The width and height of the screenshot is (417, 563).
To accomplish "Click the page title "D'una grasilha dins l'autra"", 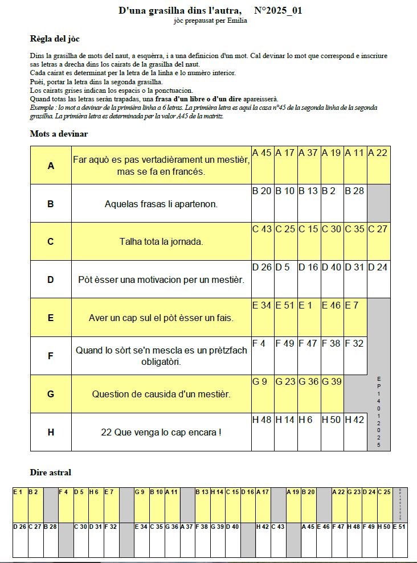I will tap(180, 10).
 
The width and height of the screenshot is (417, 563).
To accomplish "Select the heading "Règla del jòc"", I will tap(55, 39).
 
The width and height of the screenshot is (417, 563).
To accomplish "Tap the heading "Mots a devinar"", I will tap(59, 134).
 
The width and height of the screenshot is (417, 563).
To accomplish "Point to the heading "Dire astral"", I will tap(50, 472).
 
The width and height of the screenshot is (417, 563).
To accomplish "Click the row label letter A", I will tap(51, 166).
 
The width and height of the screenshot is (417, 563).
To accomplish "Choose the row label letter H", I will tap(51, 432).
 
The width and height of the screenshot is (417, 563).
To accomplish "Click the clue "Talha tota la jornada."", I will tap(161, 241).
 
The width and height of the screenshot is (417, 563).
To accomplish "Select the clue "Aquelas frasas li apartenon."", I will tap(161, 203).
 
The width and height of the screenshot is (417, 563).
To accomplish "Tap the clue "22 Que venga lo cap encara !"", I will tap(161, 432).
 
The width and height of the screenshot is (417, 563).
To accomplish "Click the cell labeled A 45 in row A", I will tap(263, 166).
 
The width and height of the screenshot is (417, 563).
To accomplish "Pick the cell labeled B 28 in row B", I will tap(355, 204).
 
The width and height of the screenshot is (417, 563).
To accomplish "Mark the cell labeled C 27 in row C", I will tap(379, 242).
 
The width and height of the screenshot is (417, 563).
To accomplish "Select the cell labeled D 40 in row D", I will tap(332, 280).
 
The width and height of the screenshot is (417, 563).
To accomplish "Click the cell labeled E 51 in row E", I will tap(285, 318).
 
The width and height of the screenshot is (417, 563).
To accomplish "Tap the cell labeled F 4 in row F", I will tap(263, 356).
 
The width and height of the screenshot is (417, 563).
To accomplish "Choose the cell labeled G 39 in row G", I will tap(332, 394).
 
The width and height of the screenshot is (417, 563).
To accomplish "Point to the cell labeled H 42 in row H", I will tap(355, 433).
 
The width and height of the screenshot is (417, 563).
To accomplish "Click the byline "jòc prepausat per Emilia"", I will tap(210, 21).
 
